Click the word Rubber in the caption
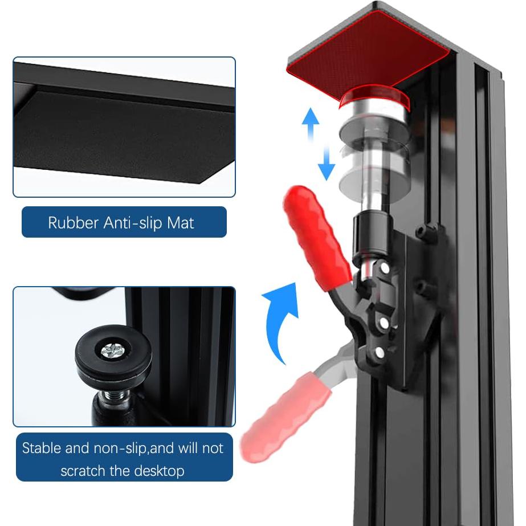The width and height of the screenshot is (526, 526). pyautogui.click(x=73, y=223)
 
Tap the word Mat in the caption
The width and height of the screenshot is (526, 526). pyautogui.click(x=181, y=223)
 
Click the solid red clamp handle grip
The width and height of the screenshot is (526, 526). pyautogui.click(x=316, y=237)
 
